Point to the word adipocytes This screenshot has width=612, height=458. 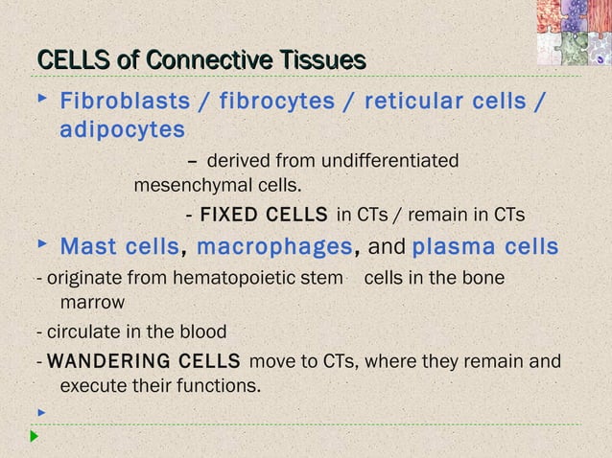pos(123,129)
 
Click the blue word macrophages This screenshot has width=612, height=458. pos(274,247)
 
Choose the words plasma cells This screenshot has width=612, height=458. pos(485,247)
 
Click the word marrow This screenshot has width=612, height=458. pos(92,303)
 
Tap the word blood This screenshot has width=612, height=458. pos(203,332)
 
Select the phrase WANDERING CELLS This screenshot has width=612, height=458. pos(143,362)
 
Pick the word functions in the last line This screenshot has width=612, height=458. pos(222,387)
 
